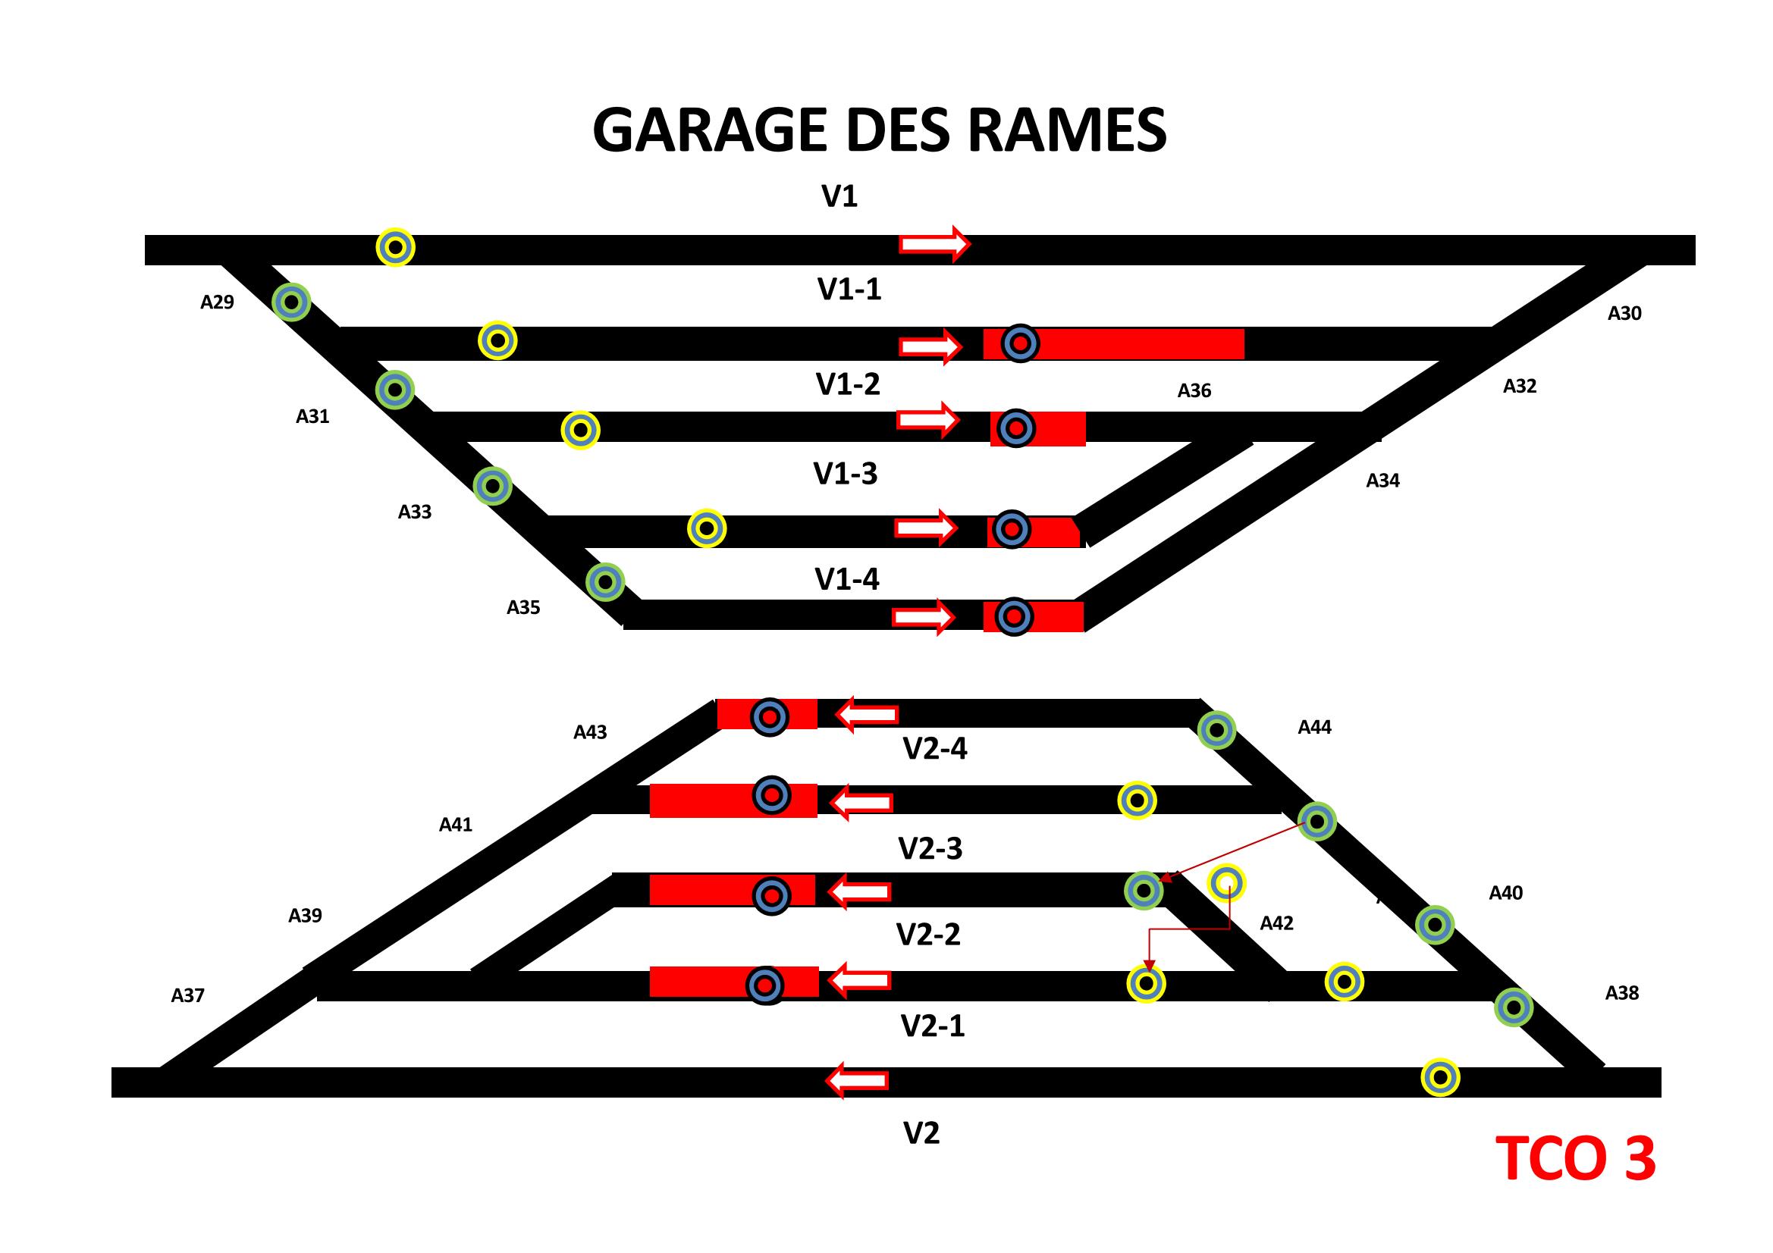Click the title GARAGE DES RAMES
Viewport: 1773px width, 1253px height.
[x=879, y=130]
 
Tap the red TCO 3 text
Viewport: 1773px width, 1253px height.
[x=1575, y=1159]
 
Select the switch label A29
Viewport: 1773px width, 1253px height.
[x=217, y=302]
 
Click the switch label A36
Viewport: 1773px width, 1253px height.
[x=1194, y=391]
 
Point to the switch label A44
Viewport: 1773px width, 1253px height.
[x=1314, y=727]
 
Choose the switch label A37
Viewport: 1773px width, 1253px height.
[x=187, y=996]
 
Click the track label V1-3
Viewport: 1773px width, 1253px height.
[x=846, y=474]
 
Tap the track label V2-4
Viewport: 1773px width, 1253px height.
[x=935, y=749]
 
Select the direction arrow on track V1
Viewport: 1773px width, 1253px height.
[x=934, y=245]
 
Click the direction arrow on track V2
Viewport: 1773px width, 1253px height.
[x=857, y=1080]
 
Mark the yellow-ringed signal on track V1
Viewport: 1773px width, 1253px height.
[x=395, y=248]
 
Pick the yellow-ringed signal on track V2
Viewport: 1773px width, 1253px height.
[x=1440, y=1076]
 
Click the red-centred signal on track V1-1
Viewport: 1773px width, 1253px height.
[x=1020, y=343]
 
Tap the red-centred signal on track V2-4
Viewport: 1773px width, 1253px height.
[x=770, y=717]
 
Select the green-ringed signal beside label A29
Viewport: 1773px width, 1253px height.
[x=292, y=302]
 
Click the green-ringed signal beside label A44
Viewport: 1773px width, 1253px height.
[x=1216, y=729]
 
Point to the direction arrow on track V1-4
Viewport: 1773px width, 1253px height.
[x=924, y=617]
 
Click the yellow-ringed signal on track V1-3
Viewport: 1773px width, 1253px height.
[x=707, y=528]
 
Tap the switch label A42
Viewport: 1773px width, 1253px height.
[x=1276, y=923]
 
